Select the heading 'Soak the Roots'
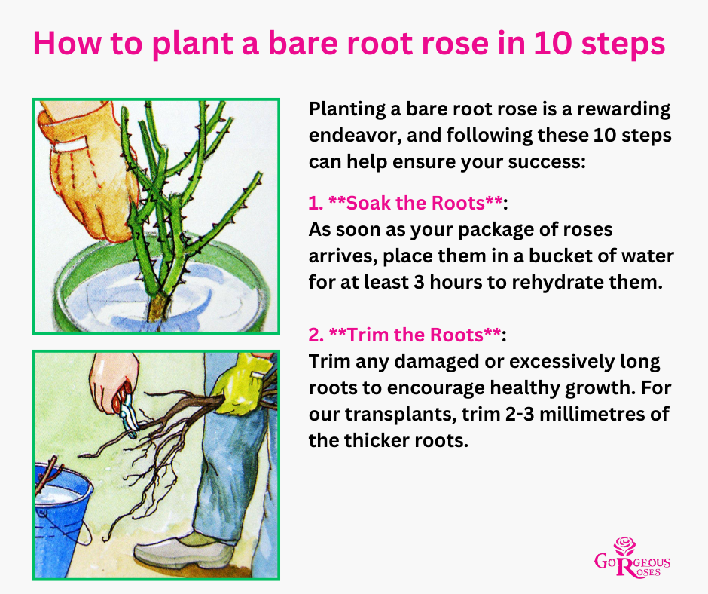pos(416,203)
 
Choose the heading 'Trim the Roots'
pos(416,335)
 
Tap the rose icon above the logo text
pos(625,546)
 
